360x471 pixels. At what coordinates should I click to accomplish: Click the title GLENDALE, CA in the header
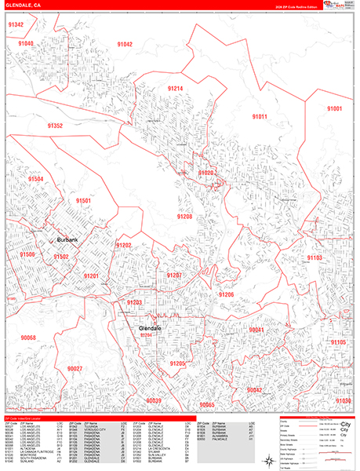coord(24,5)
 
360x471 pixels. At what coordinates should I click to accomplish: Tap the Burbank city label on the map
coord(67,239)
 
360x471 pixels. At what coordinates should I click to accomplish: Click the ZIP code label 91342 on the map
coord(16,25)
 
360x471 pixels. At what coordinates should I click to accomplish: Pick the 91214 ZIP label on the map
coord(174,89)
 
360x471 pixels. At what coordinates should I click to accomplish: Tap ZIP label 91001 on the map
coord(335,108)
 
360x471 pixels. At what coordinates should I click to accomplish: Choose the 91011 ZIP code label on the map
coord(260,116)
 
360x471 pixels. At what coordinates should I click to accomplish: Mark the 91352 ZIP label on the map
coord(54,126)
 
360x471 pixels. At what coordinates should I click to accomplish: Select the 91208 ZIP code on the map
coord(184,216)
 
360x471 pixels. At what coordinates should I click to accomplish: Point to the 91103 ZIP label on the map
coord(315,257)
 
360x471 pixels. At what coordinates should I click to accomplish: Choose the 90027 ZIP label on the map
coord(75,367)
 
